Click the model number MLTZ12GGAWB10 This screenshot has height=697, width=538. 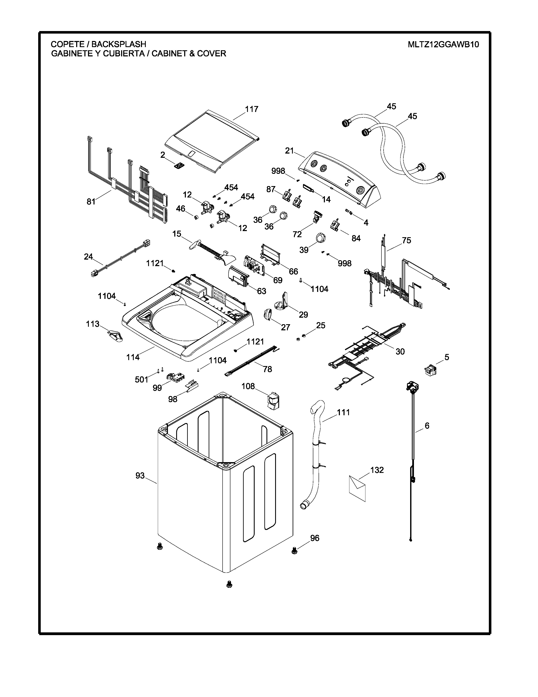pos(443,44)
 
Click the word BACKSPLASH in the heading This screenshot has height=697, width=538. pos(119,44)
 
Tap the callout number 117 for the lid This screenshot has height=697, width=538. pos(251,109)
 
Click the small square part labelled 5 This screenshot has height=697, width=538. pos(430,370)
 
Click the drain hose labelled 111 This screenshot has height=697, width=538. pos(316,453)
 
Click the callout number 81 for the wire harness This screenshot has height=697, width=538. pos(91,201)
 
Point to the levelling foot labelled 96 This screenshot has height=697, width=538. pos(294,550)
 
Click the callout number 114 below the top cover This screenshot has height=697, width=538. pos(133,357)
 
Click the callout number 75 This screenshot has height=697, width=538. pos(406,240)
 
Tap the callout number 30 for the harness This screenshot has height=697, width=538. pos(400,351)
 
